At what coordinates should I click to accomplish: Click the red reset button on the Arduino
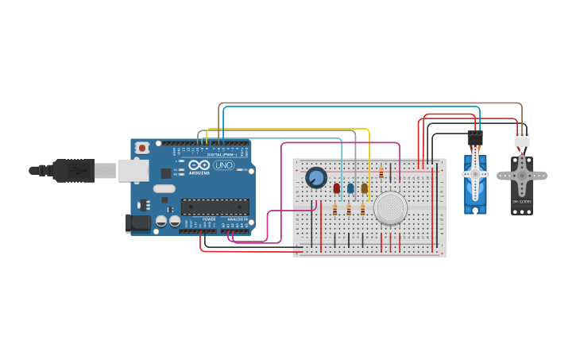pyautogui.click(x=142, y=147)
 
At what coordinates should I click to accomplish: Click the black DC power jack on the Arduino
pyautogui.click(x=139, y=223)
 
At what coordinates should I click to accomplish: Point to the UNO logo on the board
pyautogui.click(x=223, y=165)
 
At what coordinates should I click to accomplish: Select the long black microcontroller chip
pyautogui.click(x=215, y=207)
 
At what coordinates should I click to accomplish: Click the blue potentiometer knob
pyautogui.click(x=316, y=177)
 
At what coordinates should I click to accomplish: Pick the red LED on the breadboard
pyautogui.click(x=337, y=188)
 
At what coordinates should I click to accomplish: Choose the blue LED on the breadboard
pyautogui.click(x=350, y=188)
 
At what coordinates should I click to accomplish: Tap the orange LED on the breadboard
pyautogui.click(x=365, y=188)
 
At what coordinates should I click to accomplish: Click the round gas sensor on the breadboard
pyautogui.click(x=391, y=207)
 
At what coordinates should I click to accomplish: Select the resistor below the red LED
pyautogui.click(x=335, y=210)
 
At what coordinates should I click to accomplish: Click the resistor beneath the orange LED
pyautogui.click(x=363, y=210)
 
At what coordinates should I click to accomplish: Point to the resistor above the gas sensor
pyautogui.click(x=381, y=172)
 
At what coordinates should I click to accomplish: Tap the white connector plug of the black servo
pyautogui.click(x=521, y=139)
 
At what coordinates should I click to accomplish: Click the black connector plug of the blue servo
pyautogui.click(x=475, y=138)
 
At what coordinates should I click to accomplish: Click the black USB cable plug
pyautogui.click(x=75, y=169)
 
